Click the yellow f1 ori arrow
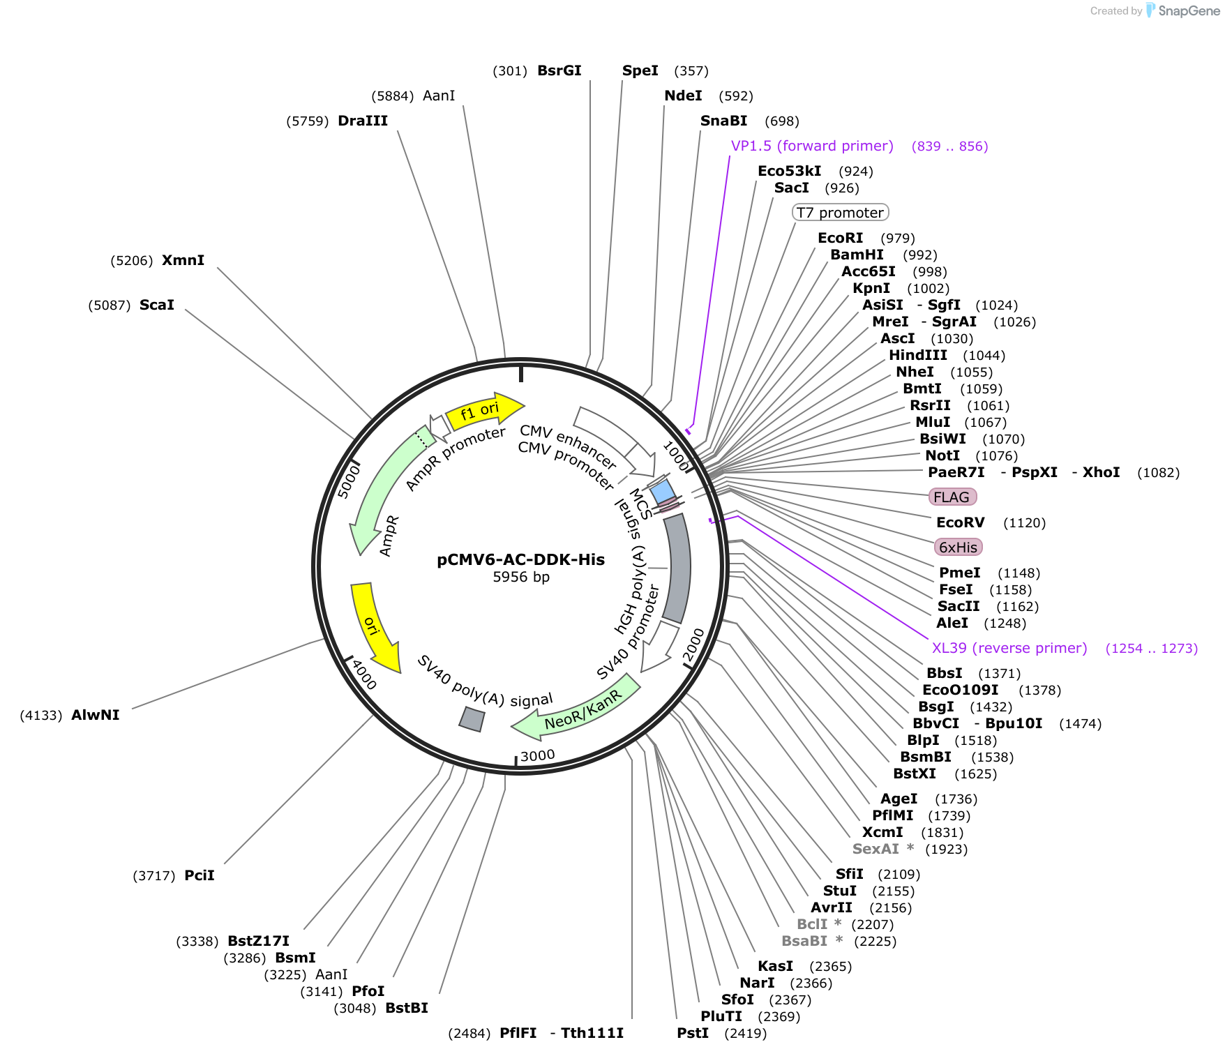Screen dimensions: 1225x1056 (x=484, y=412)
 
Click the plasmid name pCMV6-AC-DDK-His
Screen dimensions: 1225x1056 (x=520, y=559)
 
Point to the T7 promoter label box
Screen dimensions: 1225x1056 (x=840, y=212)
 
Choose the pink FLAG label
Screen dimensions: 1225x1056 (x=952, y=497)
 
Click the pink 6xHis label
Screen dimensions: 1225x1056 (x=958, y=547)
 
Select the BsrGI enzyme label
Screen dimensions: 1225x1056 (x=559, y=70)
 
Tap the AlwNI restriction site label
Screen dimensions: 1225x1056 (x=96, y=715)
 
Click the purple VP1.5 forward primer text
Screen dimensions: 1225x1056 (x=812, y=146)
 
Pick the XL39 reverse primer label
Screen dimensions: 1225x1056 (x=1009, y=648)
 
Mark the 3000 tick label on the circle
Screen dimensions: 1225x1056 (x=538, y=755)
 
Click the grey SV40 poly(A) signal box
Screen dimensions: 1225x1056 (x=472, y=719)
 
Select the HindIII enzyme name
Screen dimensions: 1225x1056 (x=917, y=355)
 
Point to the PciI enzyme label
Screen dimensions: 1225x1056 (x=200, y=875)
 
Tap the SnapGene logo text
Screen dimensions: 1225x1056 (x=1189, y=10)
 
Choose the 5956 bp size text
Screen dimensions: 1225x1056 (x=521, y=577)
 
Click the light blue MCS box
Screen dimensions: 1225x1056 (x=663, y=491)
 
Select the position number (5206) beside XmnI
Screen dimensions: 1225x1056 (x=132, y=260)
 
